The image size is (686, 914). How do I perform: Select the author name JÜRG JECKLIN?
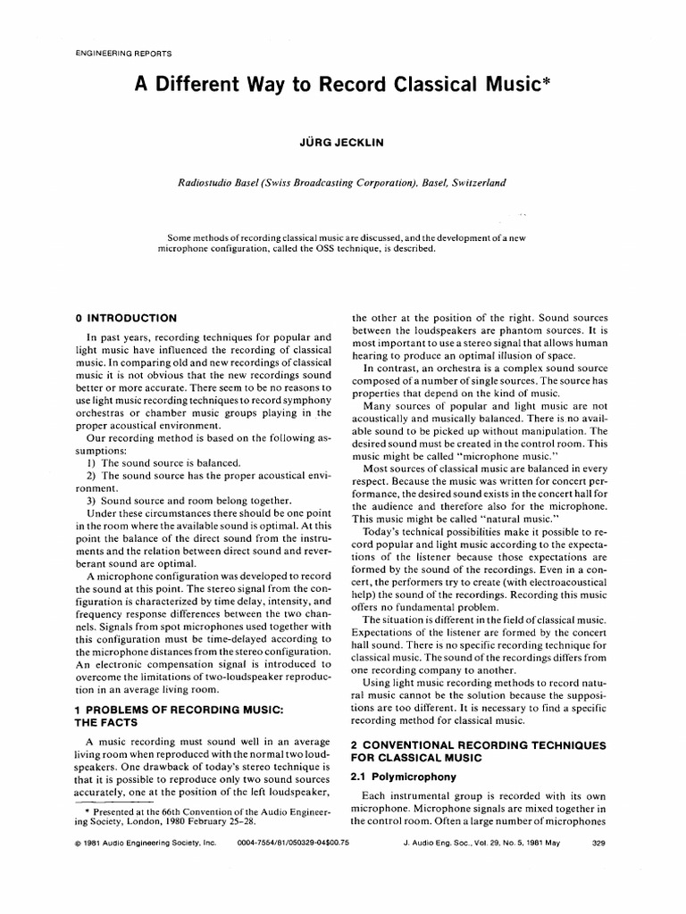342,142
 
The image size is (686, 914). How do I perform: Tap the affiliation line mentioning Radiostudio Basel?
342,182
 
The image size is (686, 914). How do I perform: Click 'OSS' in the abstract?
352,248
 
